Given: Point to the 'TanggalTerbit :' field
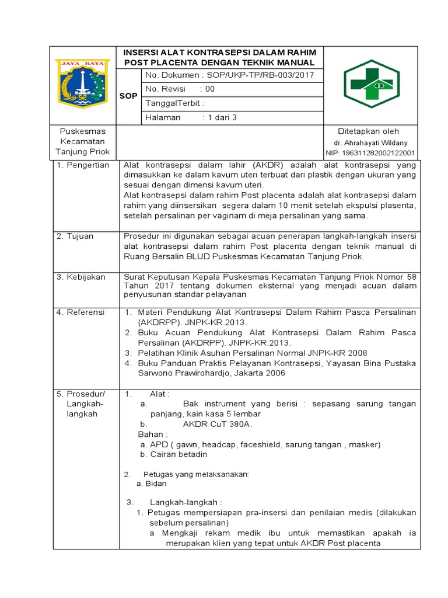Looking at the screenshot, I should (x=175, y=103).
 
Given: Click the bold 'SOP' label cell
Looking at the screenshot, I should (x=128, y=96).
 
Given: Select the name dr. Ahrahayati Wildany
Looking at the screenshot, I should (x=370, y=142).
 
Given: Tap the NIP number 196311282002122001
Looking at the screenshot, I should (x=370, y=153).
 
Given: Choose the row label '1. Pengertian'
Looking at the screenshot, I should (x=83, y=165).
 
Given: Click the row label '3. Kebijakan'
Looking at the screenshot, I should (x=80, y=277).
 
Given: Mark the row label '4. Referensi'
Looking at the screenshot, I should (x=80, y=312).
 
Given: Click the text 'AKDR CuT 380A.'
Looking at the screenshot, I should (x=218, y=424).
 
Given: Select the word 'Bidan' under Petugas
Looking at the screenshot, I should (x=156, y=484).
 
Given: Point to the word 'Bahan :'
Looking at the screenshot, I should (x=153, y=434).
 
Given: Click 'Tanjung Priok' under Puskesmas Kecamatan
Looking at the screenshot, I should (x=82, y=152).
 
